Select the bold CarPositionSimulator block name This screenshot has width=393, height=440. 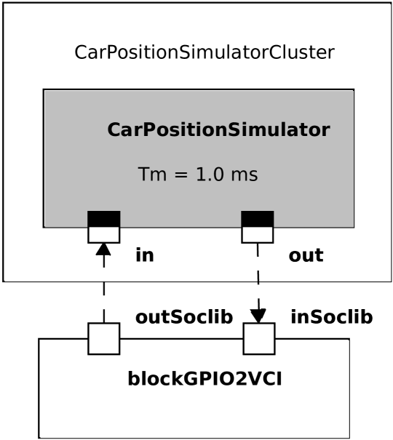pyautogui.click(x=218, y=130)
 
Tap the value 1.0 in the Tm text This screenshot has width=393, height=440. pyautogui.click(x=210, y=175)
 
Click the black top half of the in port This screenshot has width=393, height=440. pyautogui.click(x=103, y=218)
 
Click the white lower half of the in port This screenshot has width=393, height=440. pyautogui.click(x=103, y=234)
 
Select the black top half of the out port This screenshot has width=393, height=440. pyautogui.click(x=257, y=218)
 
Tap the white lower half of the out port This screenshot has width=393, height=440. pyautogui.click(x=257, y=234)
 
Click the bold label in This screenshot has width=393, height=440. pyautogui.click(x=145, y=256)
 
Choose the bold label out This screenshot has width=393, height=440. pyautogui.click(x=306, y=256)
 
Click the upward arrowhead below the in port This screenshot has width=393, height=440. pyautogui.click(x=103, y=249)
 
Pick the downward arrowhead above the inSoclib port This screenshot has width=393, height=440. pyautogui.click(x=258, y=316)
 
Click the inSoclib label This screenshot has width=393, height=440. pyautogui.click(x=332, y=317)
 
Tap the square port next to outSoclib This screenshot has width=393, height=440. pyautogui.click(x=103, y=338)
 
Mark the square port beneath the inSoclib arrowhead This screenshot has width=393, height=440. pyautogui.click(x=258, y=338)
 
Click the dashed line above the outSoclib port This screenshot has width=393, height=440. pyautogui.click(x=103, y=298)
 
